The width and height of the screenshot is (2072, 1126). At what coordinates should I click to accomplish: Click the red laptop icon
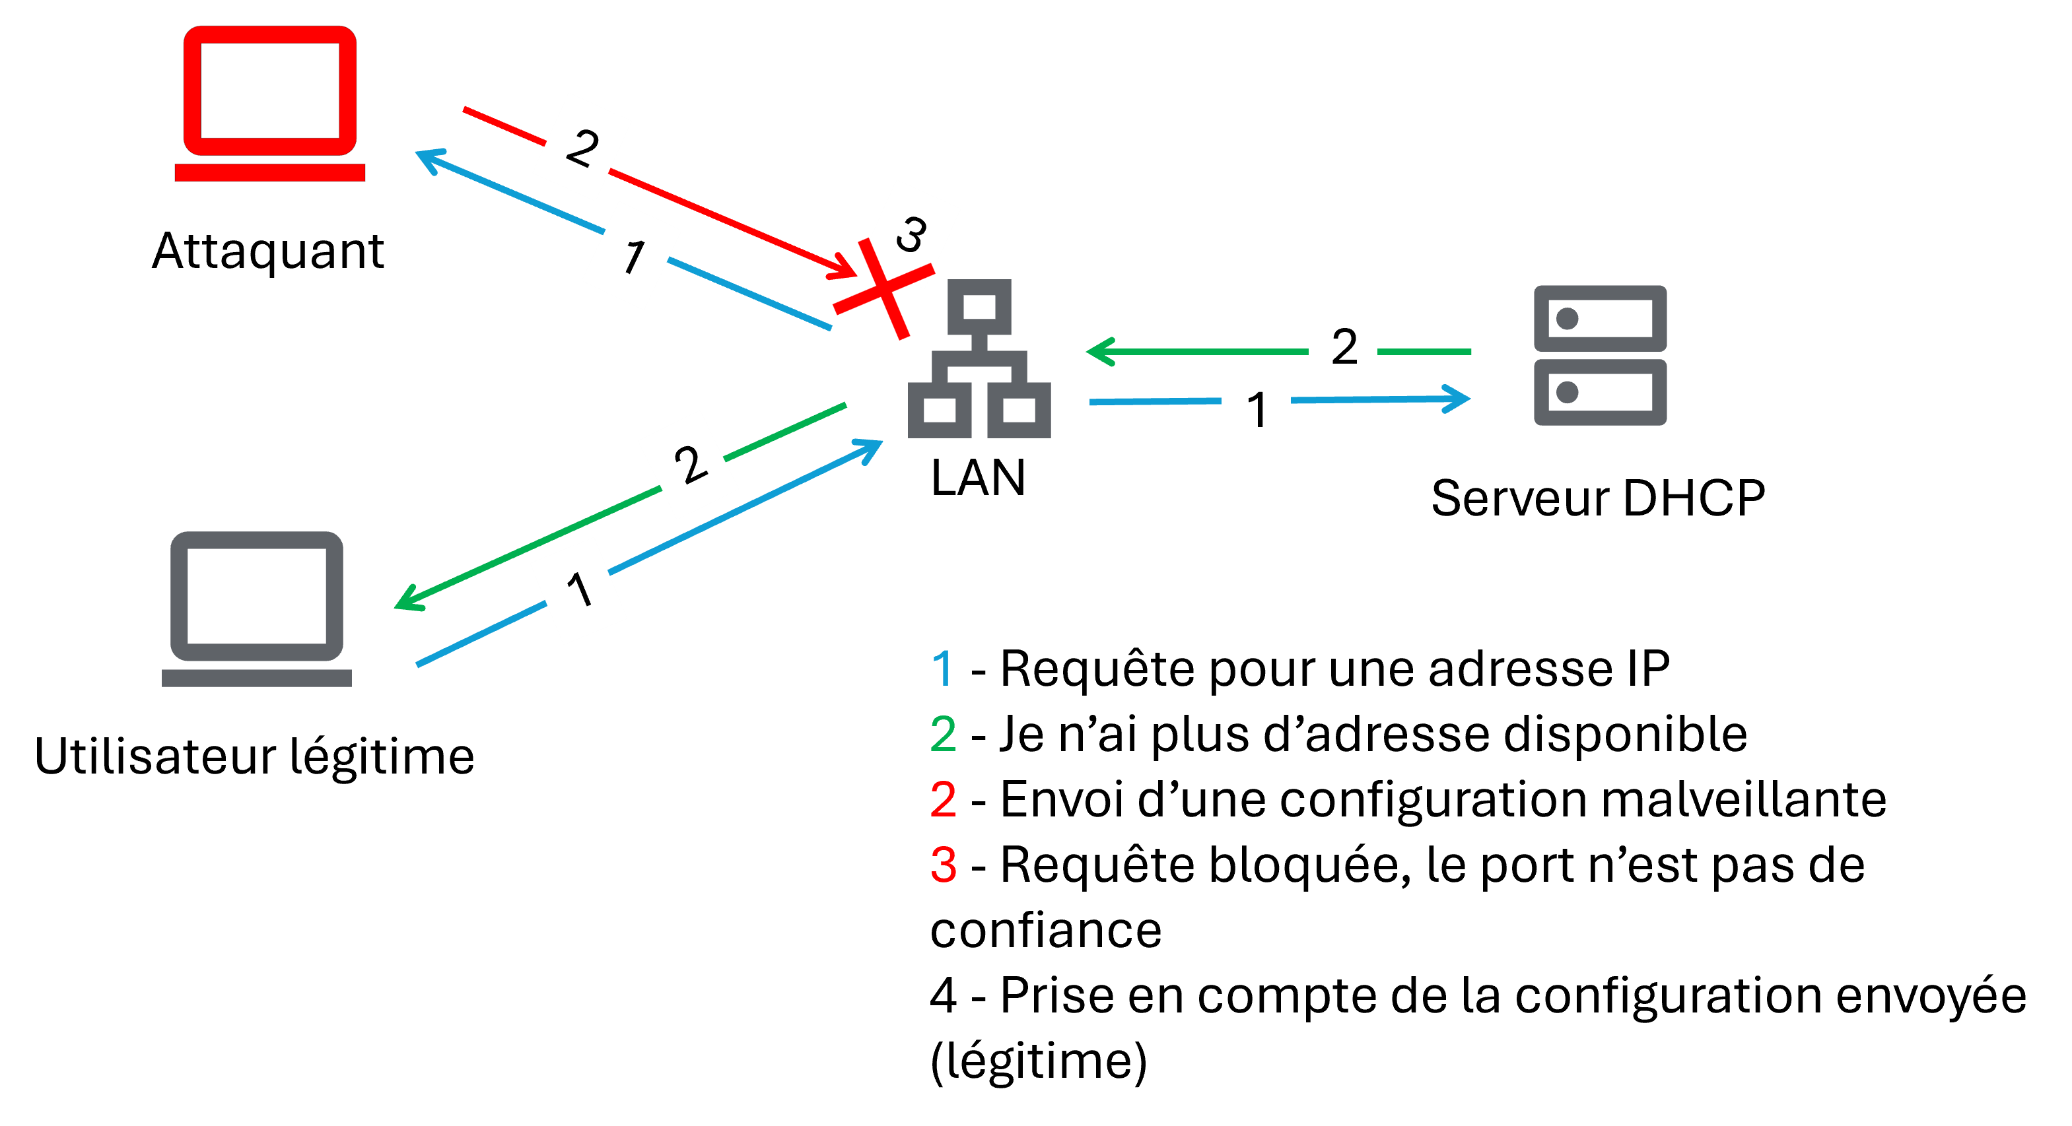pos(269,103)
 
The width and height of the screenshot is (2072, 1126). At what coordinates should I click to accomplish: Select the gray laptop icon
pos(257,608)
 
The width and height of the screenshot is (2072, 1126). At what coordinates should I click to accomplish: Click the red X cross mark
pos(883,288)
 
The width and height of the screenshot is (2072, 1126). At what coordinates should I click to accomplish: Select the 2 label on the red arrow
pos(582,147)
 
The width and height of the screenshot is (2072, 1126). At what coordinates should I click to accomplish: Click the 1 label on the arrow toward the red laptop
pos(632,256)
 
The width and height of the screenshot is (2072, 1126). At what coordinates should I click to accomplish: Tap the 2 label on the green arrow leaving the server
pos(1342,346)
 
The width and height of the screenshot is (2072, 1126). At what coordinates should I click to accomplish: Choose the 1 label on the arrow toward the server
pos(1256,409)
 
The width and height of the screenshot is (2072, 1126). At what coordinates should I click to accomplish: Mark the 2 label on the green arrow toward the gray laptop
pos(688,464)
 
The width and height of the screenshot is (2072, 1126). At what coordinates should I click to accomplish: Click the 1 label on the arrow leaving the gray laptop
pos(578,590)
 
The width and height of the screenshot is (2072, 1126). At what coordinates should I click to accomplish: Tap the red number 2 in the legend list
pos(943,799)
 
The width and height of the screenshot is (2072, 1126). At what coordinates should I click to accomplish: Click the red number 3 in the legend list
pos(943,865)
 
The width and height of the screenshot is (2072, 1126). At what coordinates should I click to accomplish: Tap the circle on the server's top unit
pos(1567,319)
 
